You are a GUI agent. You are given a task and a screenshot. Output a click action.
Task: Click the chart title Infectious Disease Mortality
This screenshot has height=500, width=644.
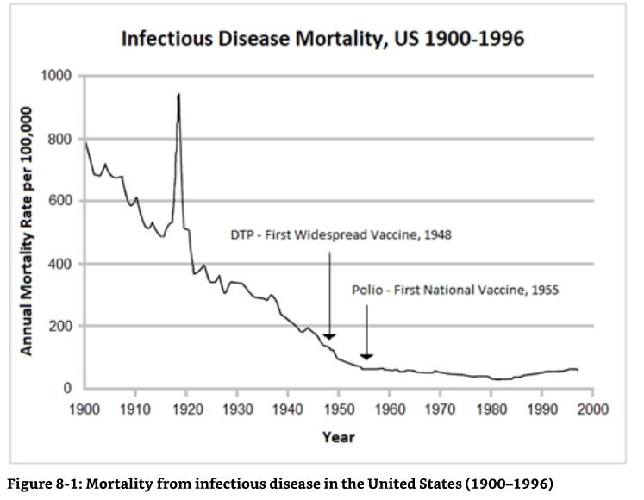322,40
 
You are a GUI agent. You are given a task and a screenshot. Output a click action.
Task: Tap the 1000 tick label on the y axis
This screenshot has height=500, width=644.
57,76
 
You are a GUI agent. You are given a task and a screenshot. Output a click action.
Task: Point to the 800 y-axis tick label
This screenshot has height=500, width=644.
61,139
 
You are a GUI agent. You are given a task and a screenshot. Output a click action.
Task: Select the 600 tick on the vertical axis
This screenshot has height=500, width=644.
61,201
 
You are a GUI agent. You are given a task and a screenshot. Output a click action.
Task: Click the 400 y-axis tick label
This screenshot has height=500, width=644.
61,264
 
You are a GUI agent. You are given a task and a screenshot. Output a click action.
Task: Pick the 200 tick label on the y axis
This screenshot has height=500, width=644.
61,326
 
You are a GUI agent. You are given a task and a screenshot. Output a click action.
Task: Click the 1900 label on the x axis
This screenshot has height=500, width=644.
84,408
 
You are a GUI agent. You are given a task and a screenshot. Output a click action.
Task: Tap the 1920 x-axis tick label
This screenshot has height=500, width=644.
186,408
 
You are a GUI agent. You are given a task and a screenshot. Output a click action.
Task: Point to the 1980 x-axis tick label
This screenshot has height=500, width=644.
491,408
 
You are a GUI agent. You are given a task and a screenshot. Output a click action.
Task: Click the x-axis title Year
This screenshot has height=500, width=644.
338,437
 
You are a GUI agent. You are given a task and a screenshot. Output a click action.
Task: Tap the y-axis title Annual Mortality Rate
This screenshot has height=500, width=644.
27,231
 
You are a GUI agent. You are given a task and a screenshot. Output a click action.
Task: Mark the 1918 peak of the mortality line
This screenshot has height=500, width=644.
178,95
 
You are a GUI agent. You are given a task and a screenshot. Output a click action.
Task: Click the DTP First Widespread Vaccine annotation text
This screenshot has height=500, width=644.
341,234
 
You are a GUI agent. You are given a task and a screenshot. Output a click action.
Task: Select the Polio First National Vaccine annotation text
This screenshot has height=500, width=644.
455,291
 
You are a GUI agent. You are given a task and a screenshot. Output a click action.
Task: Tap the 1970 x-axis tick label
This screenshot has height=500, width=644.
441,408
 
